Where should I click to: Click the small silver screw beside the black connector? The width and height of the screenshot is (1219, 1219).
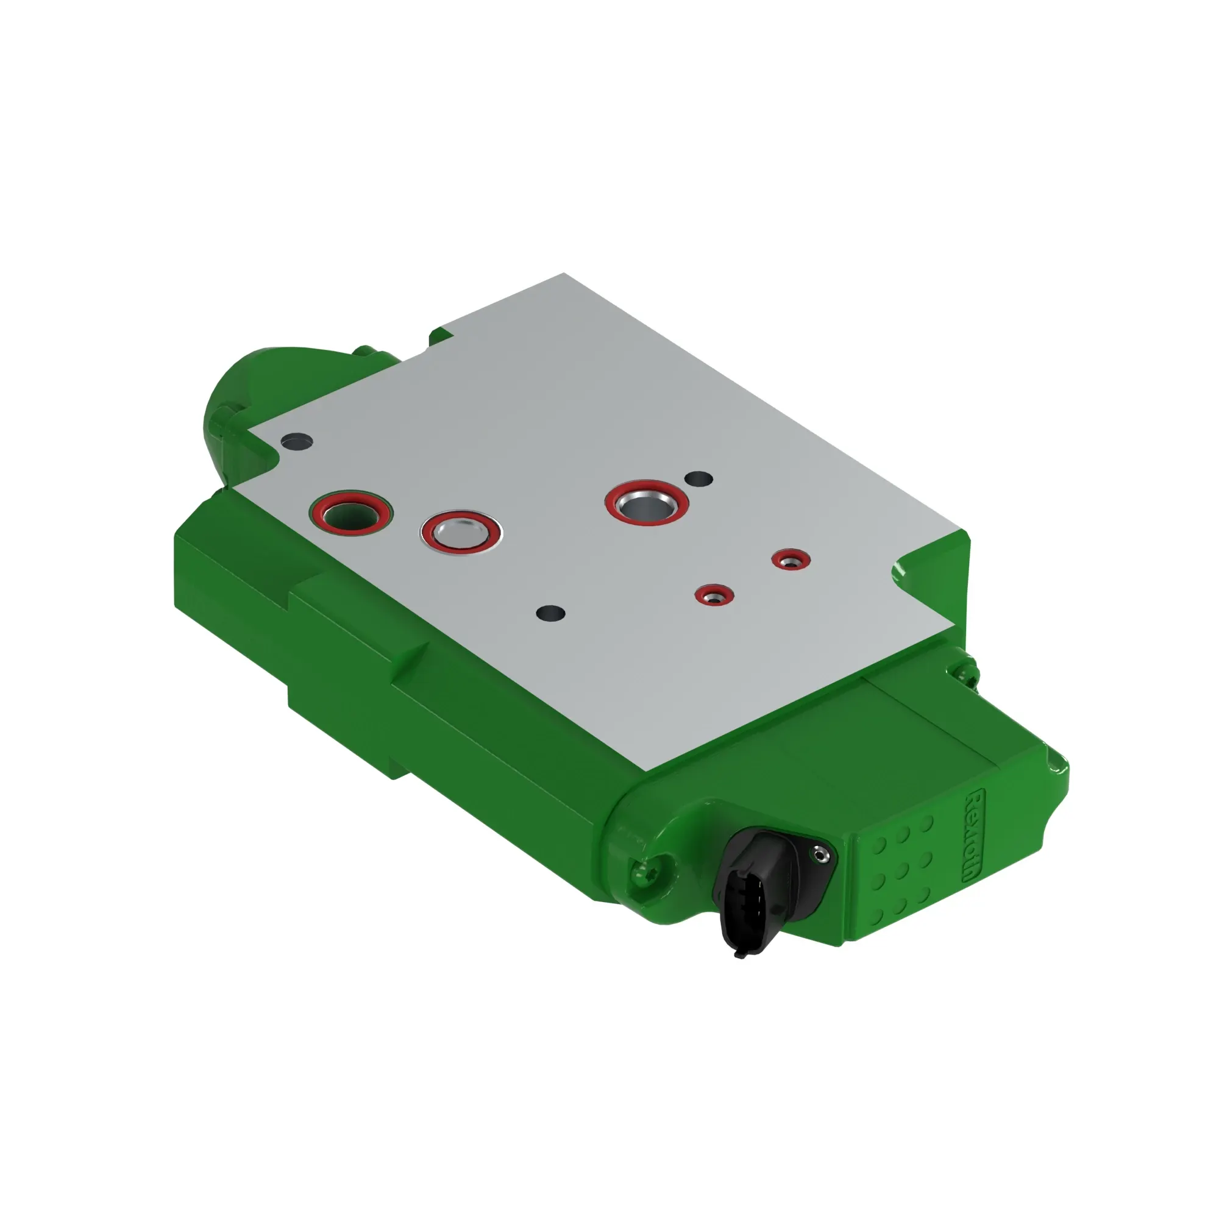point(820,856)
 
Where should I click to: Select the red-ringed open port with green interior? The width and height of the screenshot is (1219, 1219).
point(350,513)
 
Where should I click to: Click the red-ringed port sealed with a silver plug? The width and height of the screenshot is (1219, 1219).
point(461,532)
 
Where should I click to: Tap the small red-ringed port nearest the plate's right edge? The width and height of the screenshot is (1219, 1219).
point(791,559)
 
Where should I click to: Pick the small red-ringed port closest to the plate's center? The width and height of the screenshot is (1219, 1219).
point(714,595)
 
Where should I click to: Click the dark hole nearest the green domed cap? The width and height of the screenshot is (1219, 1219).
point(296,441)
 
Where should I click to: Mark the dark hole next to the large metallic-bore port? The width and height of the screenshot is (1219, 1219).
point(698,479)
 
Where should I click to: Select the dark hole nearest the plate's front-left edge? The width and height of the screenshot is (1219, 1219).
point(550,613)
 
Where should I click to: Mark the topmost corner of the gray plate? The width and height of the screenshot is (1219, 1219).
point(563,274)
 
